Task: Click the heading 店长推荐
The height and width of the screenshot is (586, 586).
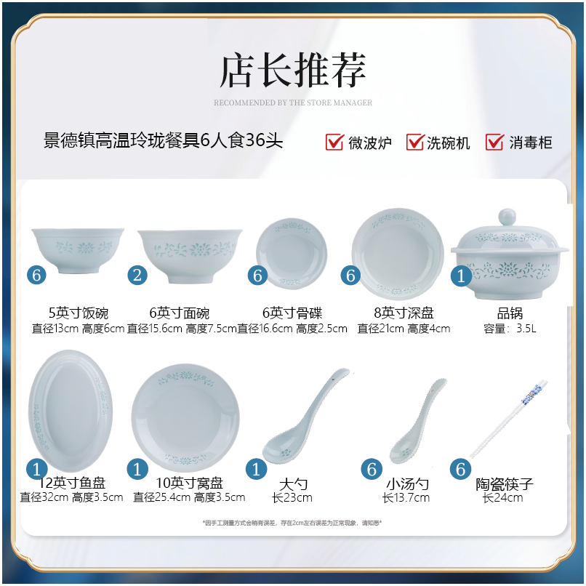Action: click(293, 71)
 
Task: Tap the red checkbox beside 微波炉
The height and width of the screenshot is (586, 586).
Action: click(334, 142)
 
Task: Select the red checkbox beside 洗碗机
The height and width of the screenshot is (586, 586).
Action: click(414, 142)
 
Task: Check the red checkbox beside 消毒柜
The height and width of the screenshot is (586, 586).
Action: click(495, 142)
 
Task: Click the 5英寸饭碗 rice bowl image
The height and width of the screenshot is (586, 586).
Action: click(77, 249)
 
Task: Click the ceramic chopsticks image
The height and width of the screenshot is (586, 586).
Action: click(508, 418)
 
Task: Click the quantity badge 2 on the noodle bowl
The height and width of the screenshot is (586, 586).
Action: click(138, 275)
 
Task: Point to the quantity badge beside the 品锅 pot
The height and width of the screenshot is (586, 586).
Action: click(461, 276)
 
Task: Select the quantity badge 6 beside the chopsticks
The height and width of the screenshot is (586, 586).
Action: click(460, 469)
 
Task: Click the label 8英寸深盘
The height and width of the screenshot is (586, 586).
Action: click(404, 313)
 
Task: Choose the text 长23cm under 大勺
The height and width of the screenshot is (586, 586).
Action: click(292, 498)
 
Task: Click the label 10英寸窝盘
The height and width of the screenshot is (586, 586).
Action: click(189, 483)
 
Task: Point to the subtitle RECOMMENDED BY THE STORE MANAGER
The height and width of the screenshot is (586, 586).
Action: click(293, 103)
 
